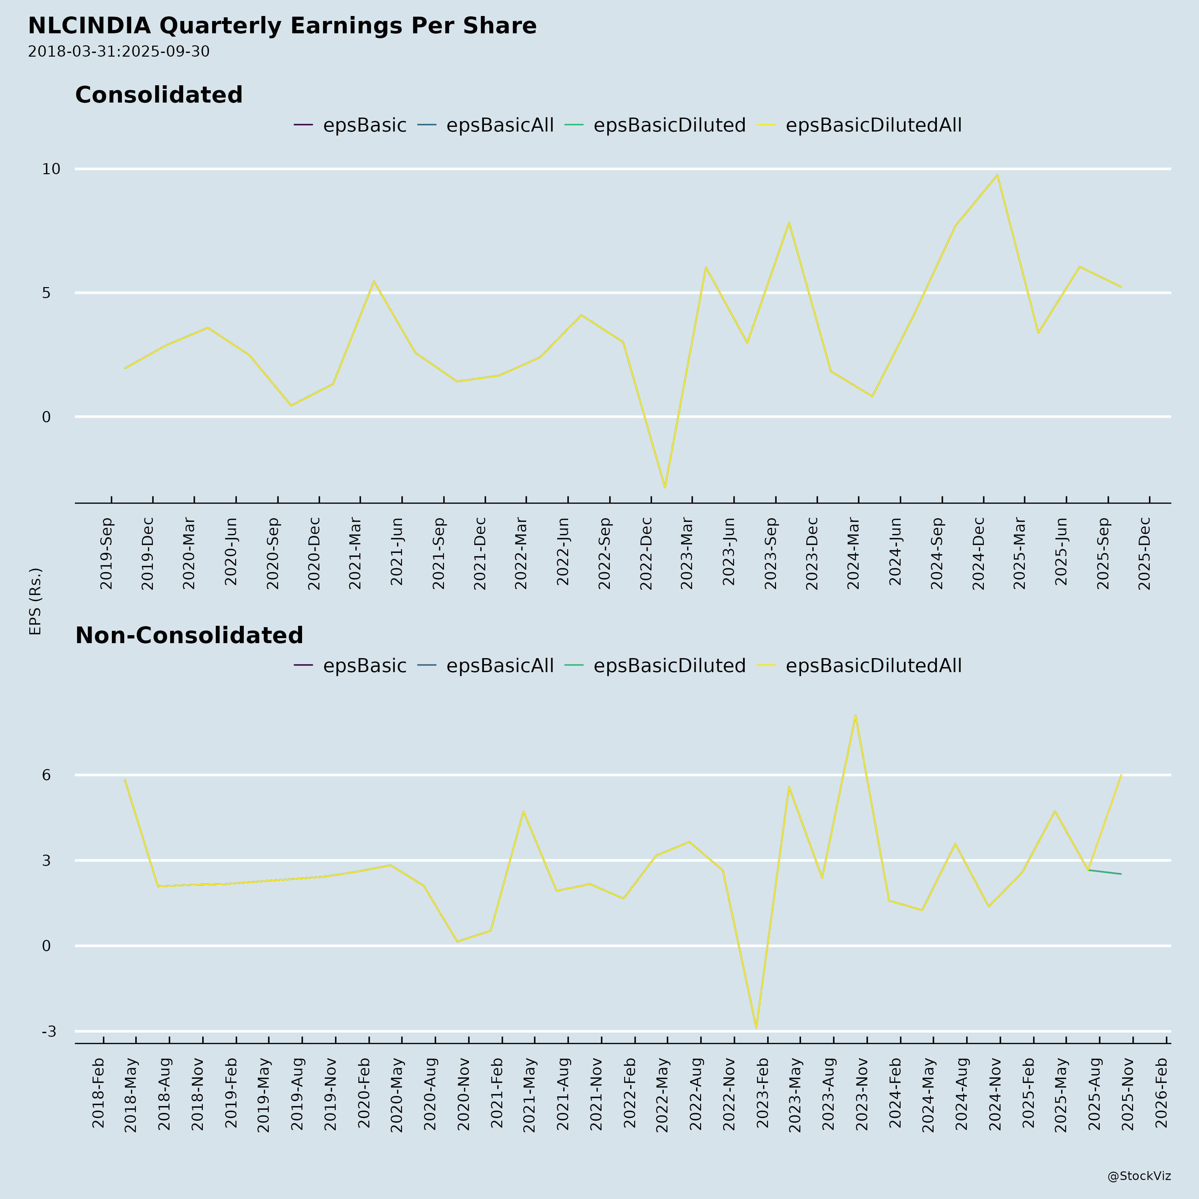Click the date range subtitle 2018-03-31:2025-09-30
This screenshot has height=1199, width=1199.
[119, 52]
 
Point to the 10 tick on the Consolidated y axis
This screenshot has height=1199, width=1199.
[51, 169]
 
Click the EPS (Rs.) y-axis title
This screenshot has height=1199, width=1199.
[35, 601]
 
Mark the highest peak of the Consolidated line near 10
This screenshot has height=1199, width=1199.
[997, 175]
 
